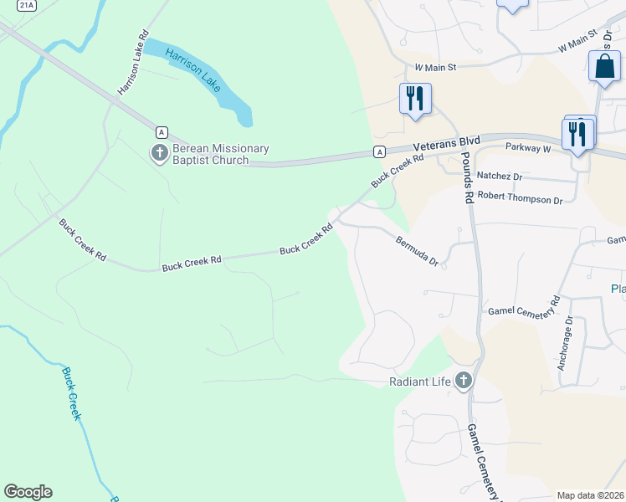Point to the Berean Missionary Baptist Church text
(x=221, y=155)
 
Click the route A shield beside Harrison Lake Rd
(x=162, y=131)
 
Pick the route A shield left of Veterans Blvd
(x=380, y=151)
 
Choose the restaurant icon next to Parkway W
(x=577, y=134)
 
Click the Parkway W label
(x=528, y=148)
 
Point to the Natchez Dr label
(x=499, y=177)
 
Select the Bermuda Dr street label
(x=417, y=249)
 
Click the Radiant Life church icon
(x=464, y=382)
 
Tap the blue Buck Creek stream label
(x=70, y=392)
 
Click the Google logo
(x=28, y=492)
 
